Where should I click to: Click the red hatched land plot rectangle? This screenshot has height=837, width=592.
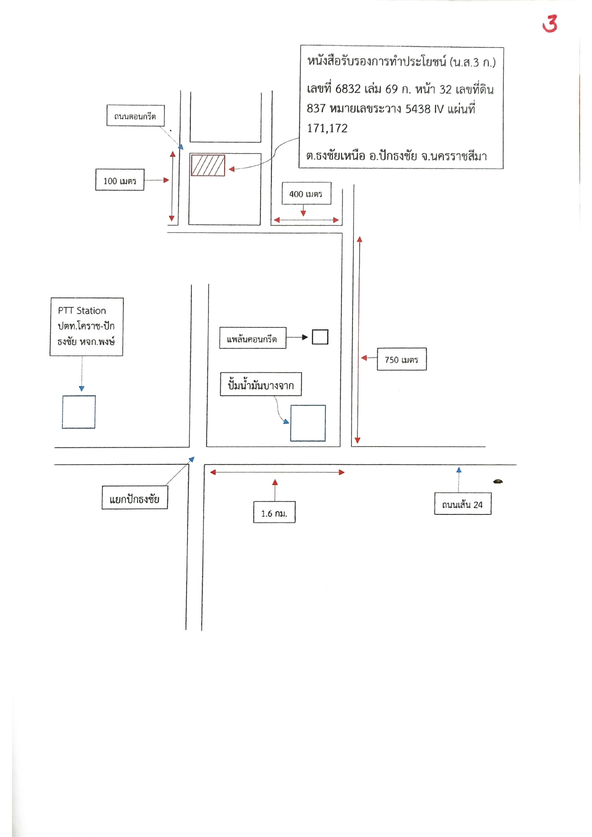pyautogui.click(x=208, y=165)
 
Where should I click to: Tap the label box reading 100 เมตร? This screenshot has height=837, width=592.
pyautogui.click(x=120, y=180)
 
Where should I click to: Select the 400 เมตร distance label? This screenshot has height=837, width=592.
pyautogui.click(x=306, y=193)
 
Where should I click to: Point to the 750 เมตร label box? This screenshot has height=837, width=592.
pyautogui.click(x=402, y=359)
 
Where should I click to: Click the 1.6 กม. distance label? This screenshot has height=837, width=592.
pyautogui.click(x=274, y=512)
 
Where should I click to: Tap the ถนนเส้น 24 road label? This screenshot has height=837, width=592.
pyautogui.click(x=463, y=503)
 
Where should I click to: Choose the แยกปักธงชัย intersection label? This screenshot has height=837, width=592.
pyautogui.click(x=135, y=498)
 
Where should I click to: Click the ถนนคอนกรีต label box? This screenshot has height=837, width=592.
pyautogui.click(x=135, y=115)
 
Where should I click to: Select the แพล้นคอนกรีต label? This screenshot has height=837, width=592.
pyautogui.click(x=253, y=338)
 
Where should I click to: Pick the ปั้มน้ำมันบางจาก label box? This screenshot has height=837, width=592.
pyautogui.click(x=261, y=384)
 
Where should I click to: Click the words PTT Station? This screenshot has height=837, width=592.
pyautogui.click(x=82, y=311)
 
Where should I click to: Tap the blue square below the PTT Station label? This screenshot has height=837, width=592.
pyautogui.click(x=79, y=412)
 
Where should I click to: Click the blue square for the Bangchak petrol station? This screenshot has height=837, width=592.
pyautogui.click(x=308, y=423)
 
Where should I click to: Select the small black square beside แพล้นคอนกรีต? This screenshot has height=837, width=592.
pyautogui.click(x=320, y=337)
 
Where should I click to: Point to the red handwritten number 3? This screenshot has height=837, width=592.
pyautogui.click(x=550, y=23)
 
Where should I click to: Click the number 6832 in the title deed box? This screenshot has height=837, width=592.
pyautogui.click(x=348, y=89)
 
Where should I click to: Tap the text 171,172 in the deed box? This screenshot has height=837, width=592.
pyautogui.click(x=327, y=128)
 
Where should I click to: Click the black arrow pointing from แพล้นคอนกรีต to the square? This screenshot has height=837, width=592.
pyautogui.click(x=297, y=337)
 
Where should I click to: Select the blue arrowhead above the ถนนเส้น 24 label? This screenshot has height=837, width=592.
pyautogui.click(x=459, y=470)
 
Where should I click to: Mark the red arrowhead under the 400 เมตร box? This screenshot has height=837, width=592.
pyautogui.click(x=303, y=213)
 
